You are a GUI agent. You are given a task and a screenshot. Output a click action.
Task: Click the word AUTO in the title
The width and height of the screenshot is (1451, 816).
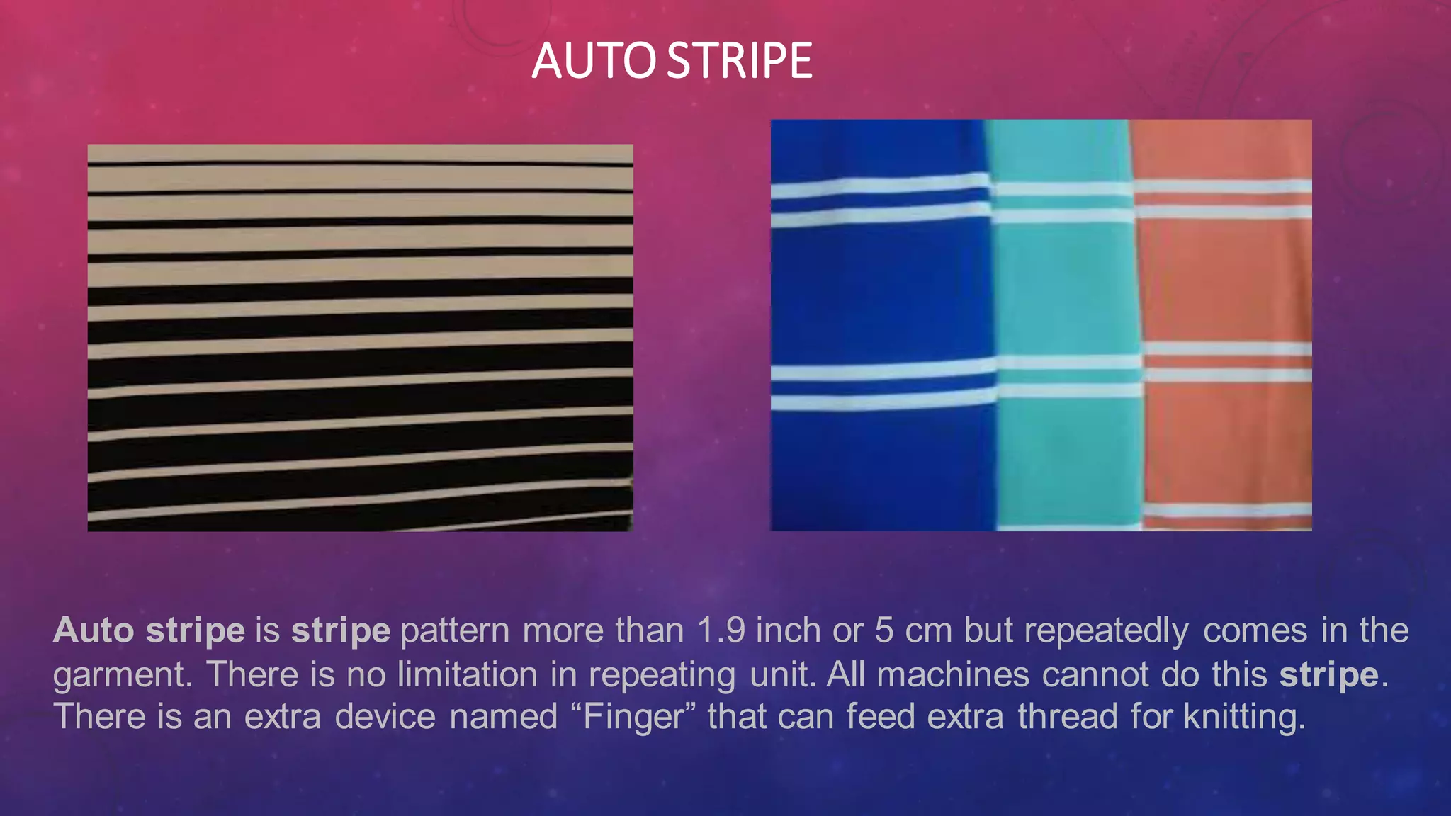(x=594, y=61)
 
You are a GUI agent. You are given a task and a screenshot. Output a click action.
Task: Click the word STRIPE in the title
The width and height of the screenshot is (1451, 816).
(x=740, y=61)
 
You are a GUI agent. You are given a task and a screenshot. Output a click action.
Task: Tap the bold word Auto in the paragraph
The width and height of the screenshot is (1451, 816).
(x=94, y=630)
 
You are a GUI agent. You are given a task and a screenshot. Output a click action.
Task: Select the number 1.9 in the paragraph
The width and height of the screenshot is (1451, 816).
(x=721, y=630)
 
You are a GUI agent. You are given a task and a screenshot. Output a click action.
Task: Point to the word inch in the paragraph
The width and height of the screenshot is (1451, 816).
(x=789, y=630)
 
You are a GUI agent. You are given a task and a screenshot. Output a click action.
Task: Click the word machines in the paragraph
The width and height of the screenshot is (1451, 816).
(x=953, y=674)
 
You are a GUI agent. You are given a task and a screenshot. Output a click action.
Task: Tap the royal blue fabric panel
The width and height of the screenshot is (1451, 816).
(x=879, y=297)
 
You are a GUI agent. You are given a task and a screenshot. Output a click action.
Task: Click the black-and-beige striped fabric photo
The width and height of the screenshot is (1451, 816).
(x=360, y=337)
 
